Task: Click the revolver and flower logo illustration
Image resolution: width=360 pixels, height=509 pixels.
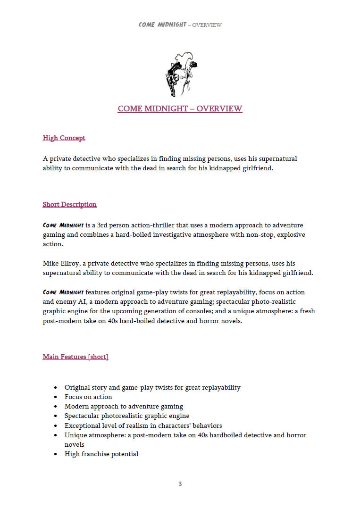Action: (181, 72)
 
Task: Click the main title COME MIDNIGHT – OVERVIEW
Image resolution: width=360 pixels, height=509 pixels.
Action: (180, 109)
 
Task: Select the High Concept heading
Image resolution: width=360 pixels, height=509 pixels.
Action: (64, 138)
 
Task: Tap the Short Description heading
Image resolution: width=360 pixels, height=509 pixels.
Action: (70, 205)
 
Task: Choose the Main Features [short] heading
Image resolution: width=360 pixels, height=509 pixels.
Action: (75, 357)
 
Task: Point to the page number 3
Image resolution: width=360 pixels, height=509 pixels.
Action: (180, 484)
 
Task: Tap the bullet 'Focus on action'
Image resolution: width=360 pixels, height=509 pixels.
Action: (88, 397)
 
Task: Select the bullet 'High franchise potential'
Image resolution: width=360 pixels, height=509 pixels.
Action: (101, 454)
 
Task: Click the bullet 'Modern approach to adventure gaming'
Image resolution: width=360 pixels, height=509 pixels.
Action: (124, 407)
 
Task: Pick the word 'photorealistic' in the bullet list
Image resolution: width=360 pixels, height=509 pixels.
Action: (124, 416)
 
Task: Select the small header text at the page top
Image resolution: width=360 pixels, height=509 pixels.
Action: (180, 25)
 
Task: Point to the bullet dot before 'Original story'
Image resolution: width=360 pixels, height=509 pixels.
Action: (56, 388)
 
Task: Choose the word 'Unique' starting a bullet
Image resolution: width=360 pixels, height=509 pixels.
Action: (75, 435)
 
